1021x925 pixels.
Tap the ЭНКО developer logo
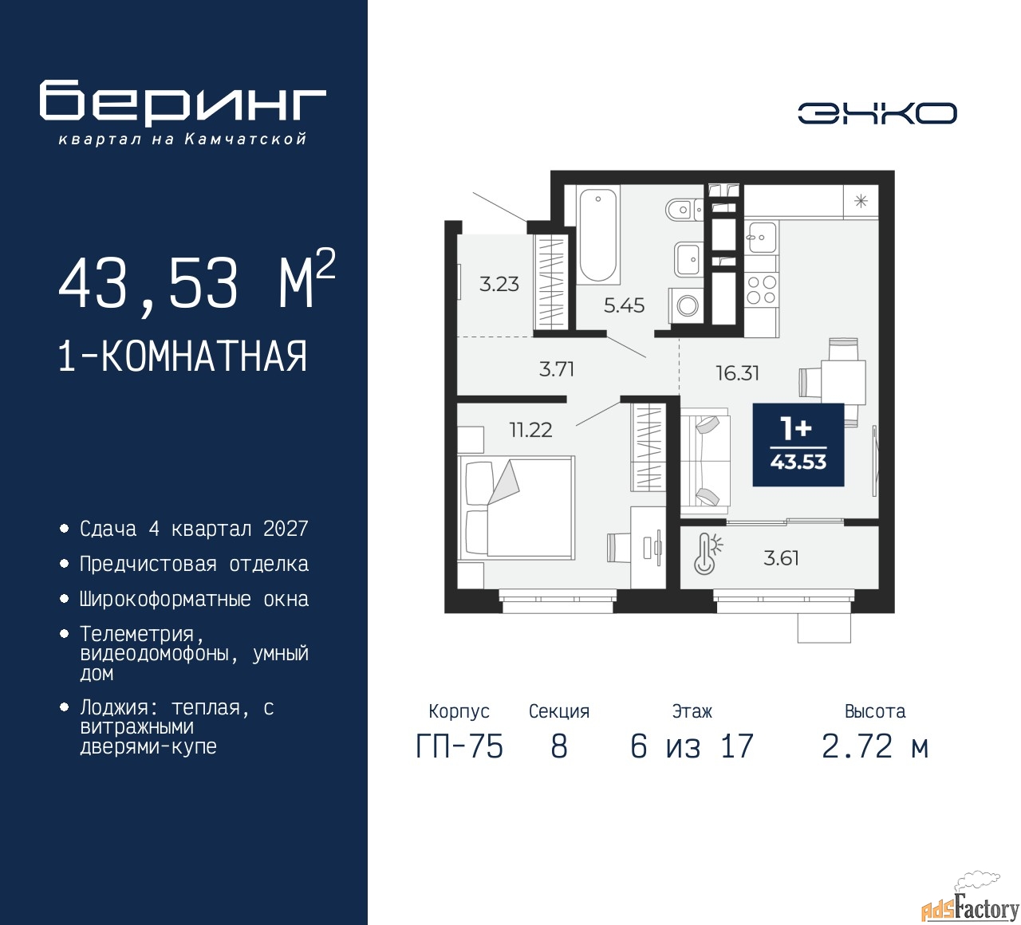click(877, 113)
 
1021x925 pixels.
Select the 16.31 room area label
click(738, 373)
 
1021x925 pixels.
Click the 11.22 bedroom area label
click(531, 431)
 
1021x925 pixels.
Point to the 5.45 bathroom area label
click(624, 305)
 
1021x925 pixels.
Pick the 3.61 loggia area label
click(781, 559)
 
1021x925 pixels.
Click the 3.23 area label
click(499, 284)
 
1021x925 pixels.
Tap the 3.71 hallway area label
click(557, 369)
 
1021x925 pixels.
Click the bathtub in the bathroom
click(598, 235)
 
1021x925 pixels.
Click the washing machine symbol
click(686, 305)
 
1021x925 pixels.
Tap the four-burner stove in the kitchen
click(762, 289)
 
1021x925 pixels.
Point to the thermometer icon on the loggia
click(708, 554)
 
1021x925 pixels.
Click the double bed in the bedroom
click(516, 507)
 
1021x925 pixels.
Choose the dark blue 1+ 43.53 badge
click(798, 445)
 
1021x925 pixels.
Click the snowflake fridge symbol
click(861, 202)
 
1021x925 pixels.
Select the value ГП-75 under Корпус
click(459, 746)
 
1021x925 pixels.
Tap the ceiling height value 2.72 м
click(875, 746)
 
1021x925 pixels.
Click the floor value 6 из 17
click(692, 746)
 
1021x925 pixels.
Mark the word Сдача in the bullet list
click(108, 529)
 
